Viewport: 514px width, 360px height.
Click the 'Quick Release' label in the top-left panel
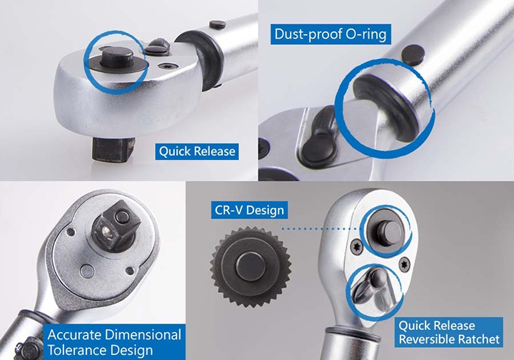197,151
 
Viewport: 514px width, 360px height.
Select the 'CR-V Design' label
249,210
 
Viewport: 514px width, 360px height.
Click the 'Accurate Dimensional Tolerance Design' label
114,342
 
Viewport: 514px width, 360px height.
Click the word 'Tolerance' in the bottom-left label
81,350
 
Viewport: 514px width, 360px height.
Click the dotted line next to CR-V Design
321,229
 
